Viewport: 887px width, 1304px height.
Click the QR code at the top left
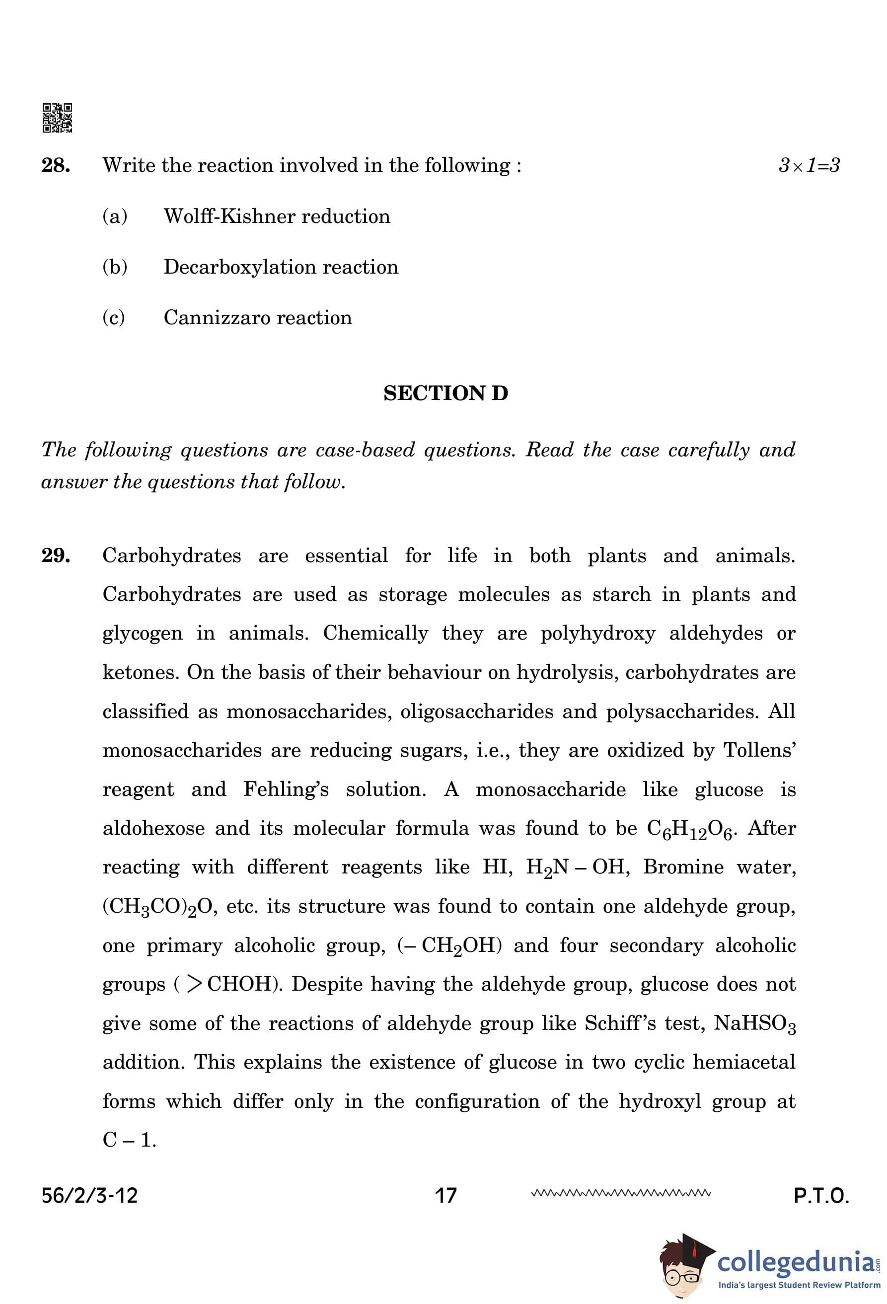[x=57, y=118]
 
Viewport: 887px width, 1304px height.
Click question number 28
[x=56, y=165]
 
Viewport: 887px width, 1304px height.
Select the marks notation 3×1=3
[x=809, y=165]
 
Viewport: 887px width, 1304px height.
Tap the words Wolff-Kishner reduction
[x=277, y=217]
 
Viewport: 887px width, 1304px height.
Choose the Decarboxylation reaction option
[x=281, y=267]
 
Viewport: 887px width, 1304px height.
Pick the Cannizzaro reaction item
[x=258, y=318]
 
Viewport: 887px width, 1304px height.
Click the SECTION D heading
[x=445, y=393]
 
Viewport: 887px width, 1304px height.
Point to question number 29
[x=56, y=556]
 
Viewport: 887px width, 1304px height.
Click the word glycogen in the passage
[x=143, y=634]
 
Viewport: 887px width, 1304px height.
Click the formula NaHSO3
[x=754, y=1024]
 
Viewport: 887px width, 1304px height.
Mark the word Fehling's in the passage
[x=286, y=790]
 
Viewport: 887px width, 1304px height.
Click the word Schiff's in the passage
[x=620, y=1023]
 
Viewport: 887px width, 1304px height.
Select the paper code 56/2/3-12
[x=89, y=1196]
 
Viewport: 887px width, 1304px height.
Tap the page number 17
[x=445, y=1196]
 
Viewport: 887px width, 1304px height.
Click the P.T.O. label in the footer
[x=821, y=1196]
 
